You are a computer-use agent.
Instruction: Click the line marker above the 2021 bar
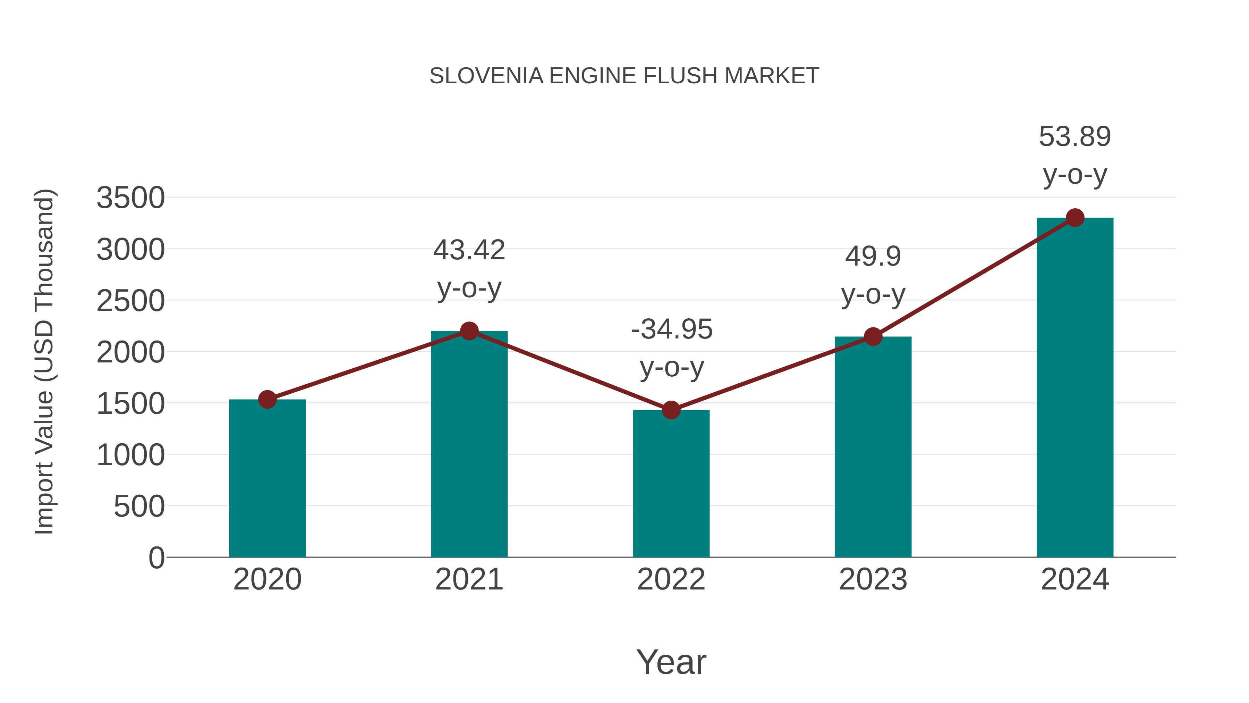click(x=469, y=331)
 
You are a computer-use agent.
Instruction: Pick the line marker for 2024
click(x=1075, y=218)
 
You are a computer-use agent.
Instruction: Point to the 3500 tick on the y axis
click(x=130, y=198)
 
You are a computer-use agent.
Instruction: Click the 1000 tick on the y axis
click(x=130, y=455)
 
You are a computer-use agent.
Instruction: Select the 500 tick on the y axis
click(x=139, y=507)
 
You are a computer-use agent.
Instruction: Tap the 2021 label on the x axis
click(x=469, y=579)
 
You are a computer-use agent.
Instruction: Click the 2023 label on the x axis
click(x=873, y=579)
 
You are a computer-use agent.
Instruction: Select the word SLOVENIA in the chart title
click(x=486, y=76)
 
